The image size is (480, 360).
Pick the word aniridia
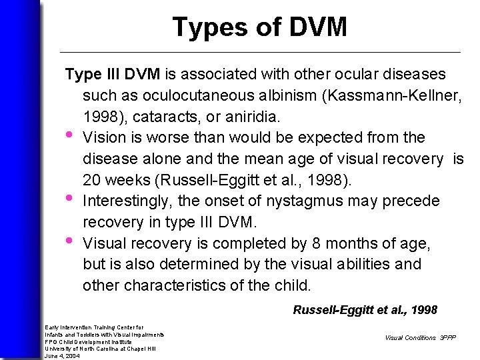click(254, 117)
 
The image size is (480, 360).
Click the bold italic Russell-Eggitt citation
click(365, 309)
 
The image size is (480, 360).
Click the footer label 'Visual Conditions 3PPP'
click(419, 337)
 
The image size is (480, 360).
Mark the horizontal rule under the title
click(260, 52)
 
